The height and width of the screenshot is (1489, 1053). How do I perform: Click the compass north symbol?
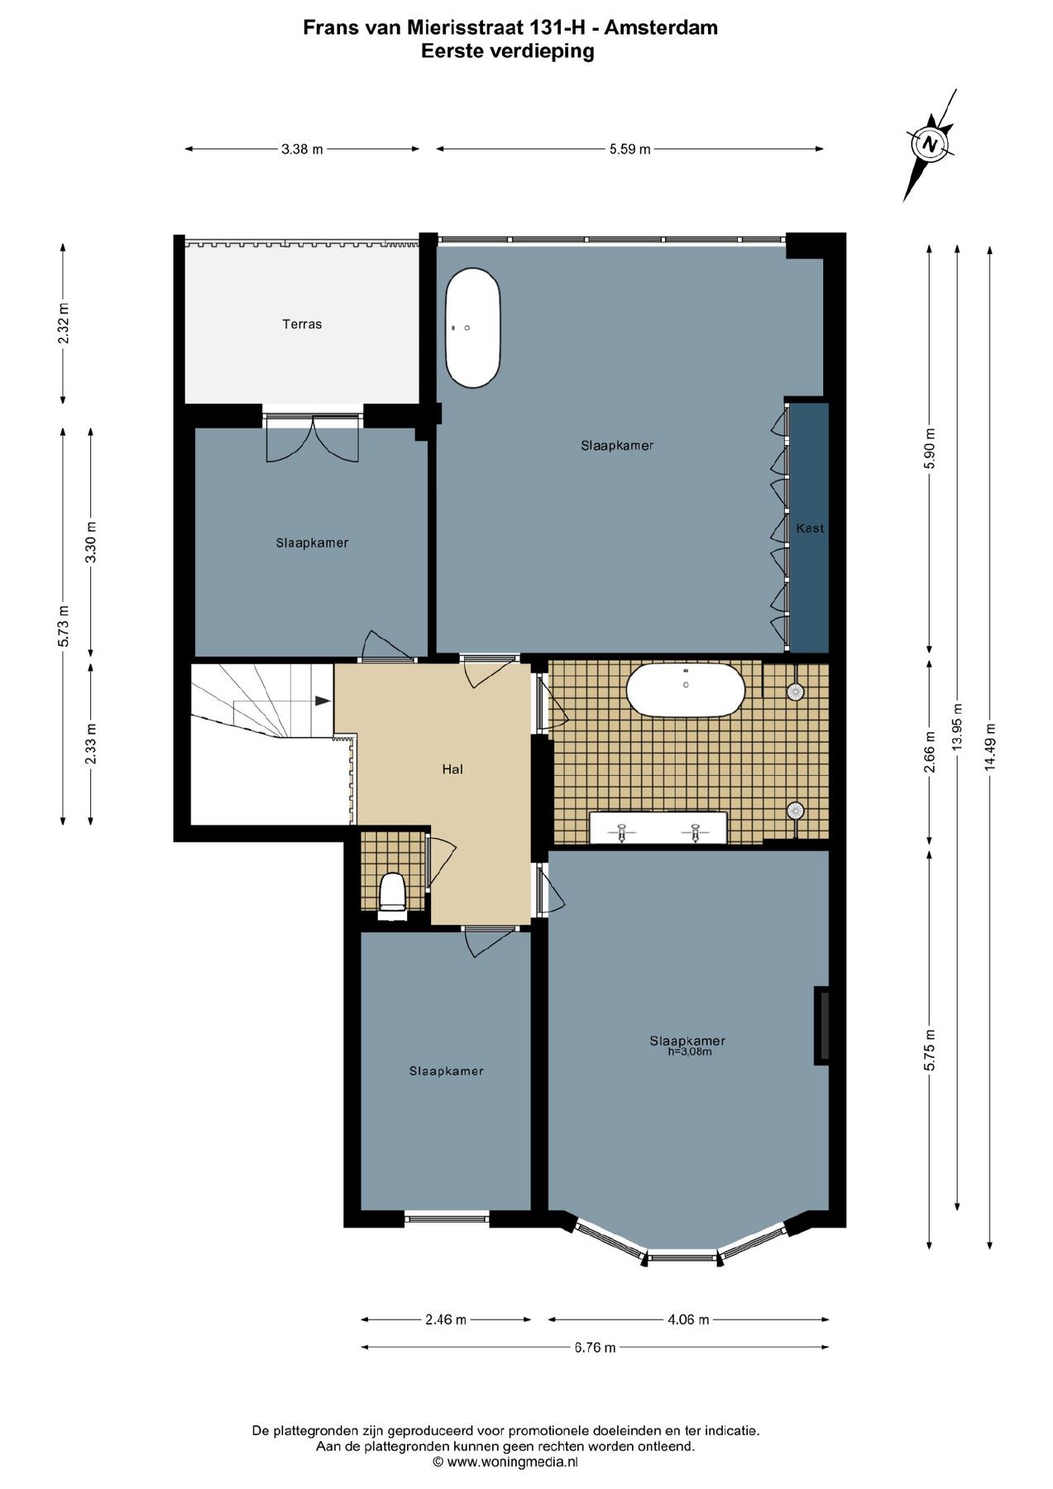tap(931, 144)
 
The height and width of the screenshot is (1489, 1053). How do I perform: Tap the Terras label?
tap(302, 324)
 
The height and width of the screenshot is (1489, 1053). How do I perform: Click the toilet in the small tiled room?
tap(392, 896)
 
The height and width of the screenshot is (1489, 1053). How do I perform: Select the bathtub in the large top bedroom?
tap(473, 328)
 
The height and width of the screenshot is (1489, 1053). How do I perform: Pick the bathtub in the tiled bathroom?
tap(686, 689)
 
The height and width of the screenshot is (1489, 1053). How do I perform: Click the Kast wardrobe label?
tap(810, 528)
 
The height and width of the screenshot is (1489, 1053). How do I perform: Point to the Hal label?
tap(452, 769)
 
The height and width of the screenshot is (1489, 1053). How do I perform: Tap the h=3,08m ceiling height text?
tap(690, 1052)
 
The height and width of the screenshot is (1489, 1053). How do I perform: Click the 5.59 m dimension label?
tap(630, 150)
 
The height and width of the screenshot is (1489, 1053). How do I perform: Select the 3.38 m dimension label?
tap(302, 150)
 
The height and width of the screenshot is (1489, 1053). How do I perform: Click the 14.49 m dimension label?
tap(990, 747)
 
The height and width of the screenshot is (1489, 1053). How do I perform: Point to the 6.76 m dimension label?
tap(595, 1348)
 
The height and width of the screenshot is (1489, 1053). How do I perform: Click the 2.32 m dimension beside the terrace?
tap(64, 323)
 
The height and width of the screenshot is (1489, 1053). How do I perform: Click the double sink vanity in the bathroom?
tap(658, 828)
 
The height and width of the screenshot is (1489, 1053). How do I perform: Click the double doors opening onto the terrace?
tap(313, 437)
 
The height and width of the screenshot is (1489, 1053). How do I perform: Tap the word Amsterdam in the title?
tap(661, 27)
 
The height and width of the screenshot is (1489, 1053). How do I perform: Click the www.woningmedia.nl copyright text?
tap(505, 1462)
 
